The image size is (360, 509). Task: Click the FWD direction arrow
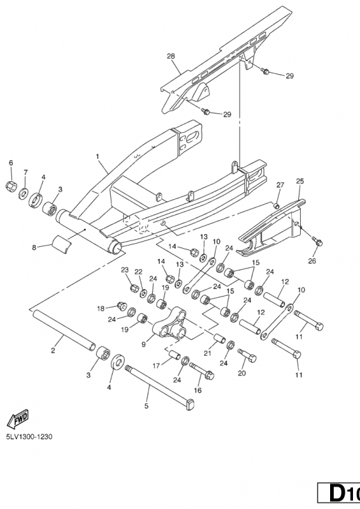click(18, 419)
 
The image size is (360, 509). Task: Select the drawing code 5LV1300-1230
click(29, 436)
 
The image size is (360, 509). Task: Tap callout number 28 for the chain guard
click(170, 56)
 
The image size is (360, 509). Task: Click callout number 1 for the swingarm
click(97, 157)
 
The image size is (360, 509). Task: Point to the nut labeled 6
click(11, 186)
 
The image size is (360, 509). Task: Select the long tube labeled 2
click(64, 330)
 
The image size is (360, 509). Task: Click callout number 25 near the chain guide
click(300, 181)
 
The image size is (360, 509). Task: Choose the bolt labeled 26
click(317, 241)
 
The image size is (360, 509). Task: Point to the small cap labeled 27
click(277, 205)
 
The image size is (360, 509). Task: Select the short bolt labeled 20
click(247, 355)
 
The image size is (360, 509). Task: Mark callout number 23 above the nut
click(125, 270)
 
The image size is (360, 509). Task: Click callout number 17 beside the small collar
click(156, 366)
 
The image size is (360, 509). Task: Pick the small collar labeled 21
click(219, 338)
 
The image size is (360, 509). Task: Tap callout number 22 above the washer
click(139, 272)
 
